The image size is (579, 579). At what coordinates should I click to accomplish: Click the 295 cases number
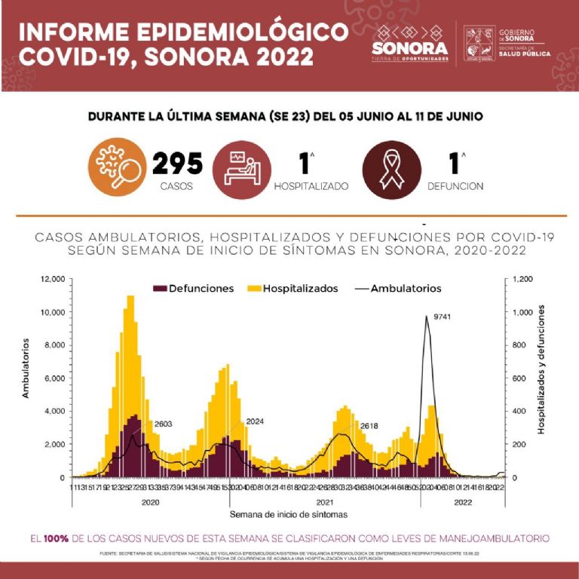(178, 163)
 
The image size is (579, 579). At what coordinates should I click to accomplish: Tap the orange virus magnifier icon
(115, 167)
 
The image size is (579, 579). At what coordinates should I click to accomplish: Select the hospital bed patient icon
(240, 167)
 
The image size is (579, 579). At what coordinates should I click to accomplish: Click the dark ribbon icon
(390, 168)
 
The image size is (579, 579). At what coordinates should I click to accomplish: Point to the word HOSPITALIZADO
(311, 186)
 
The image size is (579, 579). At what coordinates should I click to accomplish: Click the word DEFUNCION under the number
(455, 186)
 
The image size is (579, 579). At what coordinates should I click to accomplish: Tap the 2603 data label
(164, 424)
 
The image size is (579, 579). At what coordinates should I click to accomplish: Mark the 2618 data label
(369, 426)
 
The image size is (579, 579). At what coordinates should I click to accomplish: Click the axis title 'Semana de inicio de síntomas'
(289, 514)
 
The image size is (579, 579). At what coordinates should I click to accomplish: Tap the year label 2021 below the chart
(325, 501)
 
